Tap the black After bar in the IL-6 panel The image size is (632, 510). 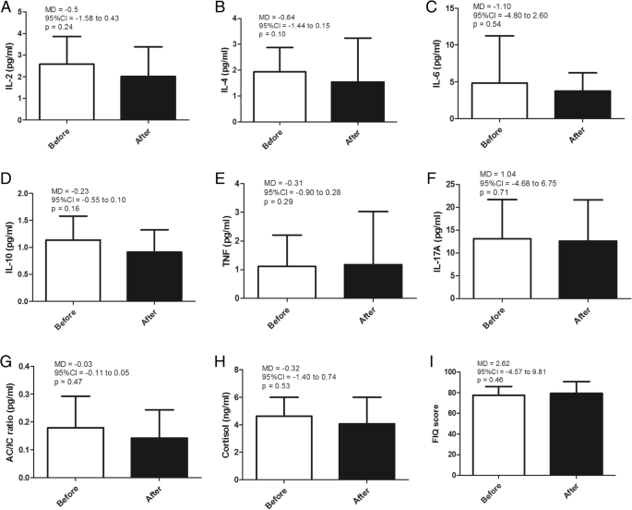[580, 104]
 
